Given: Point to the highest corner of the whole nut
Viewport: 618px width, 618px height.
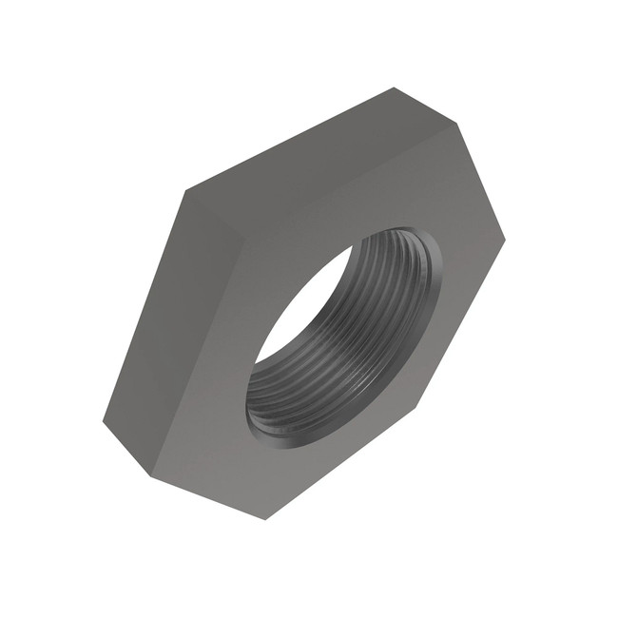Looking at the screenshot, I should coord(394,88).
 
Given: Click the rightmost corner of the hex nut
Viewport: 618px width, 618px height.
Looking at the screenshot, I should coord(504,237).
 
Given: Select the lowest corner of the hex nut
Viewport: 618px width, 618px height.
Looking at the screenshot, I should coord(265,518).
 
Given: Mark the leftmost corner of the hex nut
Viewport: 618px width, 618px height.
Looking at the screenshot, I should coord(103,419).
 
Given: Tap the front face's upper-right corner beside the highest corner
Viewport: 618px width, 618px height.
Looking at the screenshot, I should coord(457,123).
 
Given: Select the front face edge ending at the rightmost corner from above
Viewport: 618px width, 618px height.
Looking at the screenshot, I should coord(481,180).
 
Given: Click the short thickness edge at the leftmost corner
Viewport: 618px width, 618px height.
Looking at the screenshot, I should coord(127,448).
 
